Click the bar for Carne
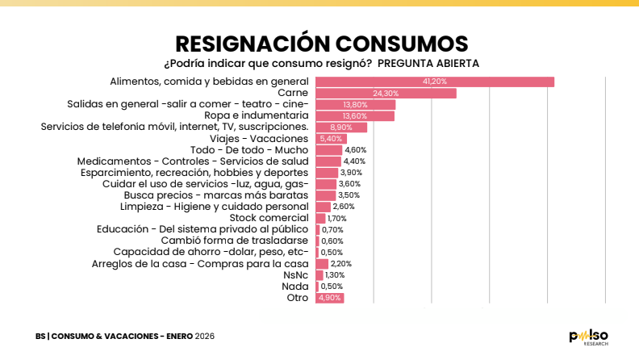386,94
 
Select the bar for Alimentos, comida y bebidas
434,82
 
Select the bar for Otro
329,298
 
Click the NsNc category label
296,275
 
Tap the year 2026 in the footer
204,336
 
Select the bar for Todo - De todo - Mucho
328,150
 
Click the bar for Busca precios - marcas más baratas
325,195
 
